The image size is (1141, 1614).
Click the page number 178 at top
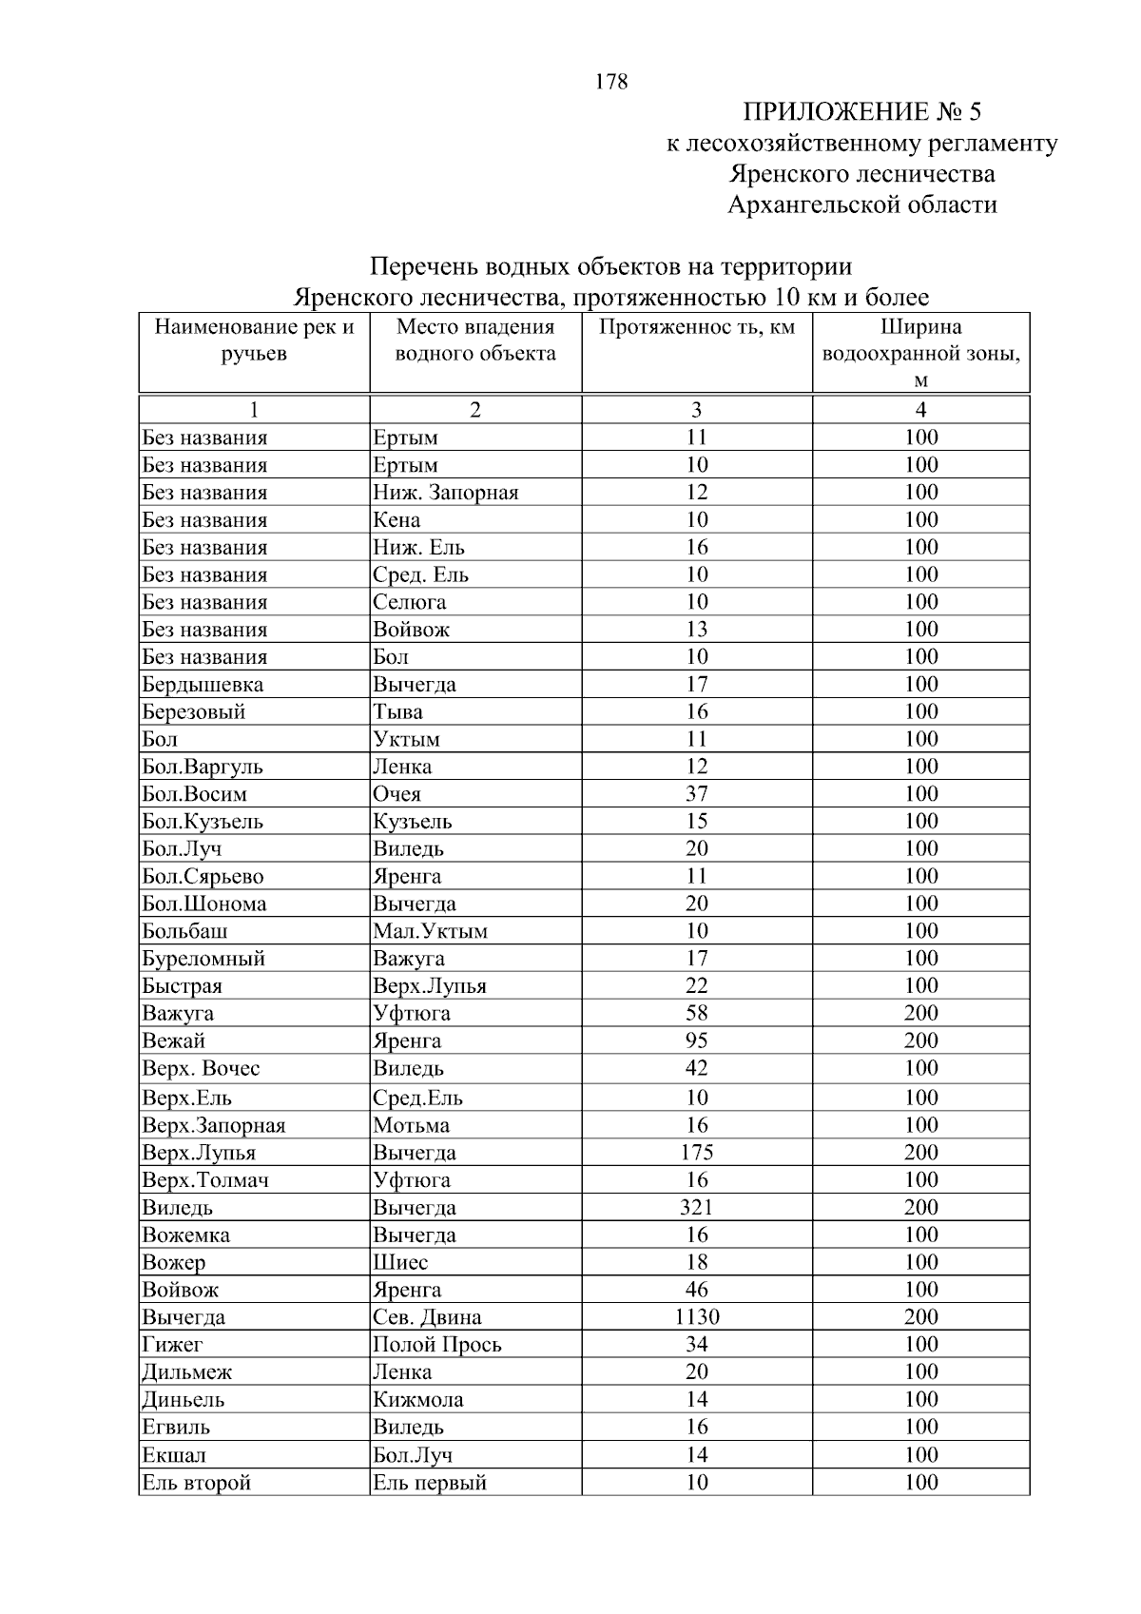611,82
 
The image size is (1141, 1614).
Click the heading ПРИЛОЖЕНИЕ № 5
861,112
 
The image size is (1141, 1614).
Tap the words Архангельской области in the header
861,204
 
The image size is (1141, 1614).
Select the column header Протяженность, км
696,328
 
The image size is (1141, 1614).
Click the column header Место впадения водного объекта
474,340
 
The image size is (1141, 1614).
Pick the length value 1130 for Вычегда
696,1317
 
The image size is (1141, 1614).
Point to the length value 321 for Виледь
696,1208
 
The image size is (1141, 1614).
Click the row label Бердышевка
203,685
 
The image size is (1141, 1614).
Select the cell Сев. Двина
427,1317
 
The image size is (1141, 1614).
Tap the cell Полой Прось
436,1345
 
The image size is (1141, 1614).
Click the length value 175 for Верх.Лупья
696,1153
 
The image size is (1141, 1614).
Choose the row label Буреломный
203,959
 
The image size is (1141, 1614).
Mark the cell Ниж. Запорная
445,493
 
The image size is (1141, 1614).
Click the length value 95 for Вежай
696,1041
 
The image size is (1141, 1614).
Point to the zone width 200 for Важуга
920,1014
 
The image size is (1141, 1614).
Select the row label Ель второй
197,1483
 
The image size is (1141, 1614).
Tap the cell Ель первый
429,1483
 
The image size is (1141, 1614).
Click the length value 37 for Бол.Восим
696,794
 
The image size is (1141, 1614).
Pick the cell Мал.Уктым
430,931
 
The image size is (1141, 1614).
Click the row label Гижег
172,1345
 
